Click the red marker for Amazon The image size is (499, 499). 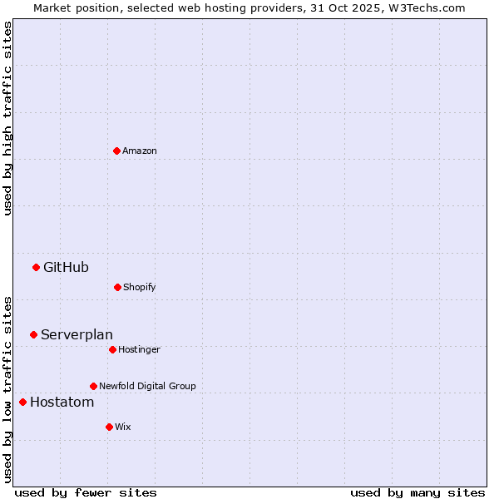116,151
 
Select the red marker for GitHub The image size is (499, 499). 36,267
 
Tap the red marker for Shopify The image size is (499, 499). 117,287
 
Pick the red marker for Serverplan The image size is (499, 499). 33,334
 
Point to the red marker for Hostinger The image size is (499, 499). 112,349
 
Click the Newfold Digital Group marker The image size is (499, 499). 93,386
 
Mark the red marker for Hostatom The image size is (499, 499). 22,402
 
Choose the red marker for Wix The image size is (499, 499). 109,427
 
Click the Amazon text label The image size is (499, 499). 140,151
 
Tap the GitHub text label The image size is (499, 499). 66,267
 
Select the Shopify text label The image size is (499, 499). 140,287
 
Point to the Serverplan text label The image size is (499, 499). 77,334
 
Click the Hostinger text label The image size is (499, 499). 139,349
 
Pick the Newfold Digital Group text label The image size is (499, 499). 147,386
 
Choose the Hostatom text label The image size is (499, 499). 62,402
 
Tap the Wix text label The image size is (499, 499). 123,427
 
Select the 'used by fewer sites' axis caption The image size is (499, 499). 86,492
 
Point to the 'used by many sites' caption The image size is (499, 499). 417,492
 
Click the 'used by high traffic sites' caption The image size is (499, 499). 7,118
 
